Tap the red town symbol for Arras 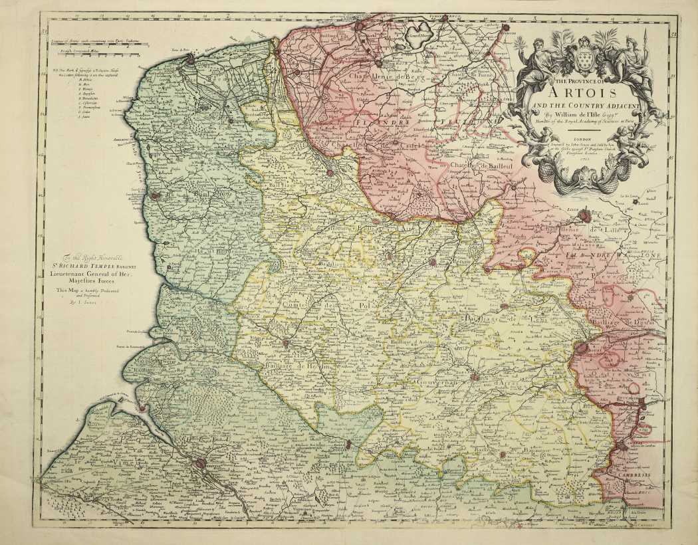(x=475, y=377)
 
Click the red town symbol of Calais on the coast (x=191, y=58)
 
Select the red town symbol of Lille (x=584, y=216)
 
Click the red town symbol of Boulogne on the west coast (x=155, y=196)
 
